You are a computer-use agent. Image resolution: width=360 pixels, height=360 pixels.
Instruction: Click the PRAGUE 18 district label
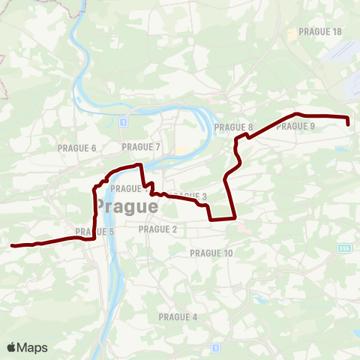320,31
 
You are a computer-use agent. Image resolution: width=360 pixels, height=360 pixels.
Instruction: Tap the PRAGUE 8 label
233,127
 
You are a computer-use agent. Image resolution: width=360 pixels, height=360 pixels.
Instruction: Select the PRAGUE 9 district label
295,126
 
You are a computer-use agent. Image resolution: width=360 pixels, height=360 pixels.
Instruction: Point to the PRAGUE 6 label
77,148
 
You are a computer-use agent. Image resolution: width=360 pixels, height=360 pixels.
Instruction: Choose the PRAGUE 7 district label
141,146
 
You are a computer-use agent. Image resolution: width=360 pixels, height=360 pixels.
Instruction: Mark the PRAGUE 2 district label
158,229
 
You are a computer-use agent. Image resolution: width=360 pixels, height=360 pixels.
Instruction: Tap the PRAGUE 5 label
94,232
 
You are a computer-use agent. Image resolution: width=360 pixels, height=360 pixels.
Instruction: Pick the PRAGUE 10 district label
211,253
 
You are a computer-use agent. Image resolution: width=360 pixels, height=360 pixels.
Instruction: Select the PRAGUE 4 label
178,317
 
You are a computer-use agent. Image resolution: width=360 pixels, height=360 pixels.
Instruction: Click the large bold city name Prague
126,205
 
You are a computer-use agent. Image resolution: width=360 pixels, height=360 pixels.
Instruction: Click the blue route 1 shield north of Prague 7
122,120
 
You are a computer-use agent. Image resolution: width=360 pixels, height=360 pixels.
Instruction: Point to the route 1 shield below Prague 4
215,347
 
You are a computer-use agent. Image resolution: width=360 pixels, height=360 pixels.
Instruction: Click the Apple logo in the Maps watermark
12,347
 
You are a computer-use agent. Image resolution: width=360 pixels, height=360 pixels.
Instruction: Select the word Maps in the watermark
33,347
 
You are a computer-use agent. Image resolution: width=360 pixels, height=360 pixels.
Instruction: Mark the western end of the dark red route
11,245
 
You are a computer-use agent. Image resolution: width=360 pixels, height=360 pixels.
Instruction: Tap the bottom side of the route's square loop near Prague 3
223,219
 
